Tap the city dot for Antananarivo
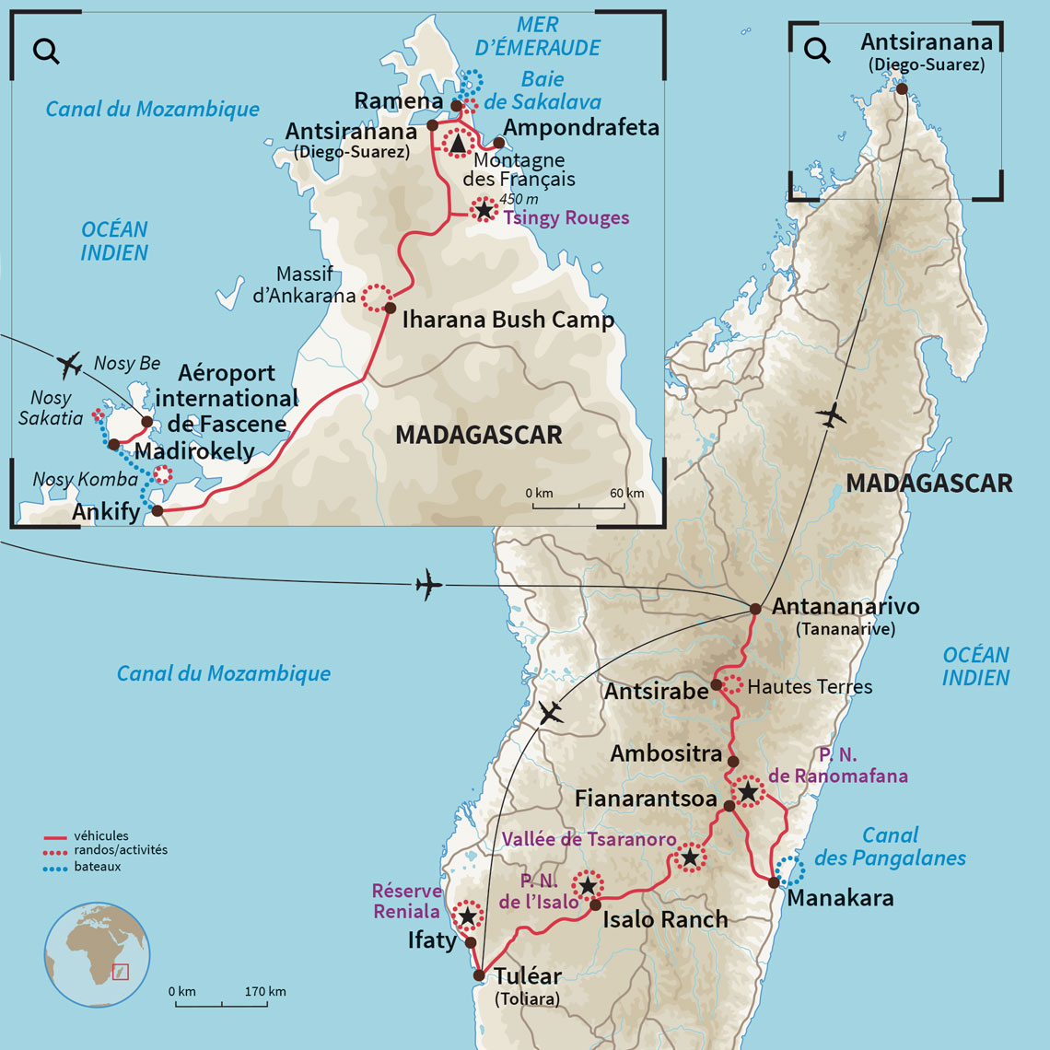click(x=755, y=609)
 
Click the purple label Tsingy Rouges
click(x=566, y=218)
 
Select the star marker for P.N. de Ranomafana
click(x=748, y=791)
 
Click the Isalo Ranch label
click(x=664, y=919)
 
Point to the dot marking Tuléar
click(x=479, y=975)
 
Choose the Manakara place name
click(x=840, y=898)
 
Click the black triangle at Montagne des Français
click(x=458, y=143)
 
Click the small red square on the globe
click(x=121, y=972)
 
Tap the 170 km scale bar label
click(x=266, y=992)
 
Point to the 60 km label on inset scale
click(x=626, y=494)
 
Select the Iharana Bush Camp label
click(x=507, y=321)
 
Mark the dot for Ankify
click(x=157, y=510)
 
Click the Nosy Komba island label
click(x=85, y=480)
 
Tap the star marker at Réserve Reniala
click(x=468, y=916)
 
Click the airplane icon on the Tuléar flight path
click(x=551, y=713)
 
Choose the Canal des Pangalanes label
click(x=890, y=846)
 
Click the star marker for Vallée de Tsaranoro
click(x=690, y=858)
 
